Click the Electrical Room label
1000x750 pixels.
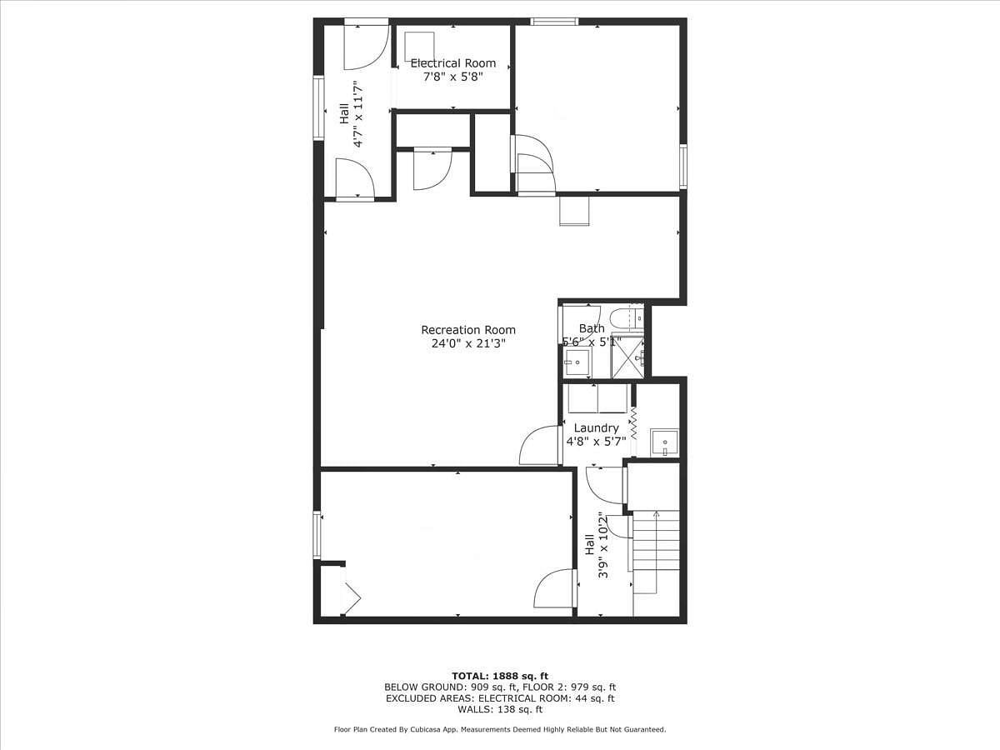coord(452,63)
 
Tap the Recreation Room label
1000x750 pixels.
coord(468,330)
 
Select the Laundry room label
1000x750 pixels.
coord(597,428)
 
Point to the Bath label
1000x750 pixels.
coord(592,327)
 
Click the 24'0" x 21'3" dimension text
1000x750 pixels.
coord(468,343)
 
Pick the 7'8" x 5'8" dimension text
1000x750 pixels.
coord(452,77)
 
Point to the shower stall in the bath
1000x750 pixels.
coord(627,356)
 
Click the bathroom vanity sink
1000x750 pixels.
coord(577,362)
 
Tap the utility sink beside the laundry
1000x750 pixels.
coord(664,442)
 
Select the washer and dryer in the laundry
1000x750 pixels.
coord(597,398)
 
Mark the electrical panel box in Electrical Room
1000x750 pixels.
coord(419,47)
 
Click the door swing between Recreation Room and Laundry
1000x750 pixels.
coord(539,445)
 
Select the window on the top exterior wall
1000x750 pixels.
coord(554,22)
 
